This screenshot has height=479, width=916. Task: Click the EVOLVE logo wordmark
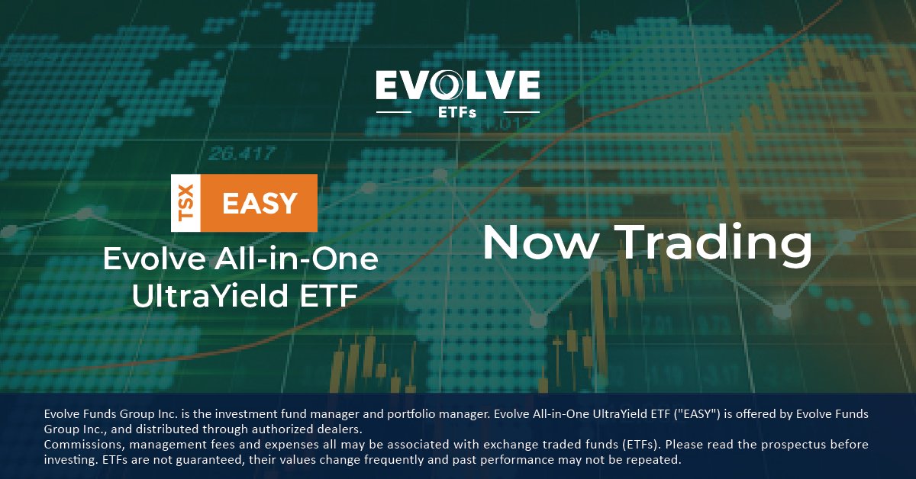[457, 85]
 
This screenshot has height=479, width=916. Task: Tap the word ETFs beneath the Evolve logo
[457, 113]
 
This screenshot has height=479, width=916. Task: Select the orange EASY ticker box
[260, 203]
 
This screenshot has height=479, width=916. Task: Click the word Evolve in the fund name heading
[142, 260]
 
